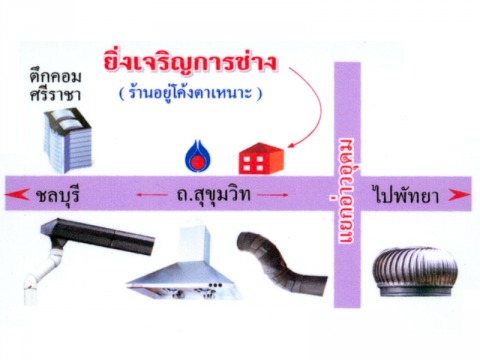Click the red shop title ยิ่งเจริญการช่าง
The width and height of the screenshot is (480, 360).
point(190,63)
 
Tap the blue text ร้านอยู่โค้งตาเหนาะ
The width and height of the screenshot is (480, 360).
point(190,93)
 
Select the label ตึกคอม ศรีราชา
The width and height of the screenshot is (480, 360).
point(55,85)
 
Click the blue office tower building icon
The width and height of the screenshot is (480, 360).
point(68,140)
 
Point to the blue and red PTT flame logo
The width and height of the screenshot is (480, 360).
point(197,156)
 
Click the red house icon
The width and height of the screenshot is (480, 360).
point(261,159)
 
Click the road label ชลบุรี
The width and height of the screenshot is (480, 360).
point(57,195)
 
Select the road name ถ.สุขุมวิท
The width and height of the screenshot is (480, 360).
point(213,195)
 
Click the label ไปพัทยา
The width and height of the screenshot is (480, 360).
point(406,195)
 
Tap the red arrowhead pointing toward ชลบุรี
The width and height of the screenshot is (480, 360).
point(17,194)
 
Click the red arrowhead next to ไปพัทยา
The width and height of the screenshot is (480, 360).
point(459,195)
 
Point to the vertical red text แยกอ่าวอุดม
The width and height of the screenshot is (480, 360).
point(347,191)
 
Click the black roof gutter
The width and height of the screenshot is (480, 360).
point(98,237)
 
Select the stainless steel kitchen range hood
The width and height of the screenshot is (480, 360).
point(184,264)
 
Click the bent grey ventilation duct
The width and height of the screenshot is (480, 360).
point(280,263)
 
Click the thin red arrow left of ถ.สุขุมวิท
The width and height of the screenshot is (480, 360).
point(152,195)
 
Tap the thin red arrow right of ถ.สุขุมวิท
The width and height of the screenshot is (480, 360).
point(272,195)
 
